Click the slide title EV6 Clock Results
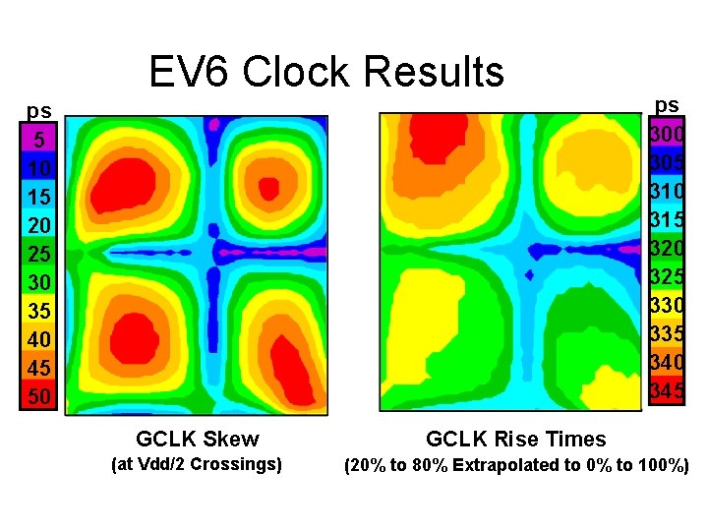tap(325, 72)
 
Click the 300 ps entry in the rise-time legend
tap(666, 132)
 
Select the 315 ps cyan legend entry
tap(666, 218)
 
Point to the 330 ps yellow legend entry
tap(666, 306)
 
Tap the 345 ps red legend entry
tap(666, 391)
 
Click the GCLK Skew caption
tap(198, 439)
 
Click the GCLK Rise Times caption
tap(515, 439)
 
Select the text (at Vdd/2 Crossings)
tap(198, 464)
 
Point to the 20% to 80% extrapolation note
tap(515, 465)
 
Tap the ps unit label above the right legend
tap(667, 104)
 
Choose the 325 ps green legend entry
tap(666, 276)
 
